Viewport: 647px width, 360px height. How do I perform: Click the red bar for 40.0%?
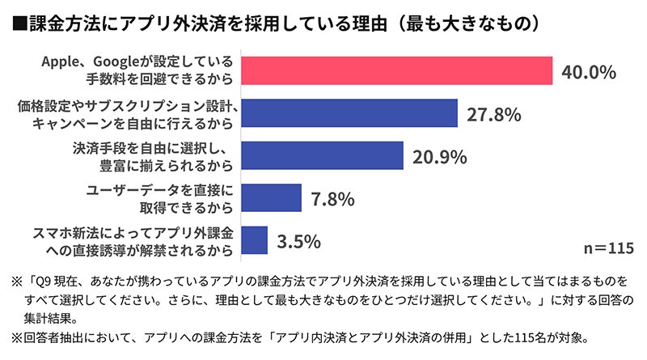click(x=396, y=70)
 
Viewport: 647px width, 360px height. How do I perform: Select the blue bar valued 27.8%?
click(x=349, y=113)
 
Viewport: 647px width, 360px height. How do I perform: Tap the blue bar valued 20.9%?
click(x=323, y=155)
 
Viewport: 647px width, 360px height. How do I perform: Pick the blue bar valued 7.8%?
click(x=272, y=197)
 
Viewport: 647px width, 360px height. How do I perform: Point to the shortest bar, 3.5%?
click(x=255, y=239)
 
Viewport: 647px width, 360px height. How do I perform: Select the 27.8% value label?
click(x=493, y=114)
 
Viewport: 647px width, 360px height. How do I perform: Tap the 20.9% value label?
click(x=439, y=156)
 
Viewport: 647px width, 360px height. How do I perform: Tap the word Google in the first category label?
click(x=118, y=62)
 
